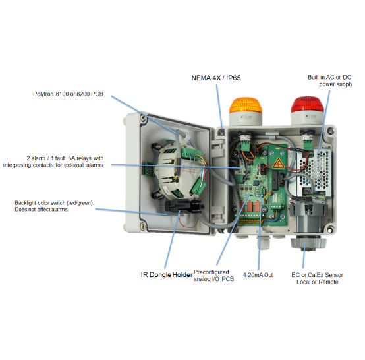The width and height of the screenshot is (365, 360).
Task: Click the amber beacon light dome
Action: click(245, 105)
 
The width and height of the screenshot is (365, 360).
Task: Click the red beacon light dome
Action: click(307, 104)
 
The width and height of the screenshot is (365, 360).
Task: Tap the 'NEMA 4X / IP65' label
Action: click(216, 78)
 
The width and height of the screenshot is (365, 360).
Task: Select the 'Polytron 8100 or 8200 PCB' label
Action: click(68, 94)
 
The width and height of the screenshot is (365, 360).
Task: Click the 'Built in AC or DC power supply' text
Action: click(329, 81)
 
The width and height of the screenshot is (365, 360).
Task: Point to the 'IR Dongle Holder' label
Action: click(167, 275)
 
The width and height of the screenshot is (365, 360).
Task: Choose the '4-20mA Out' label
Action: click(258, 275)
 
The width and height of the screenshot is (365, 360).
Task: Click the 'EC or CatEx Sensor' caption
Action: click(317, 275)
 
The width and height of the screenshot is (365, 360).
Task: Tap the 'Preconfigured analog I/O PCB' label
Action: click(213, 276)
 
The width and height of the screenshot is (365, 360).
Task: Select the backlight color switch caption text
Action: click(54, 206)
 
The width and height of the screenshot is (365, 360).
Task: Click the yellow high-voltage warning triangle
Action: click(278, 163)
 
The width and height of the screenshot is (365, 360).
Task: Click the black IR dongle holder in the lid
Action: click(184, 206)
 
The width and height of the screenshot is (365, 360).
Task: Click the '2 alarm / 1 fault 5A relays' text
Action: click(65, 158)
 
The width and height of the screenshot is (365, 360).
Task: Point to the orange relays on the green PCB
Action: click(250, 206)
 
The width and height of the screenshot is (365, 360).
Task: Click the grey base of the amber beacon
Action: click(245, 119)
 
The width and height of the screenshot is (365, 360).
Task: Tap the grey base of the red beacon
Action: click(307, 119)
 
